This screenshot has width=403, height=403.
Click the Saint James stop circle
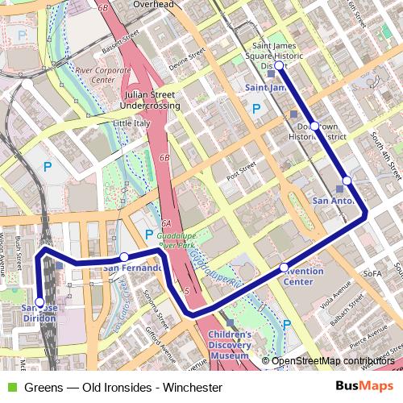pyautogui.click(x=279, y=66)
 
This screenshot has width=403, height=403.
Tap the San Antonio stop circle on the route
pyautogui.click(x=347, y=181)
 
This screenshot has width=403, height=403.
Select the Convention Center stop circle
pyautogui.click(x=284, y=267)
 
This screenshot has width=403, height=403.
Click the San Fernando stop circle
pyautogui.click(x=123, y=257)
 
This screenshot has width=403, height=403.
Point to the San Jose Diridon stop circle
pyautogui.click(x=40, y=302)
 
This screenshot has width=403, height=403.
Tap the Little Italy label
pyautogui.click(x=131, y=123)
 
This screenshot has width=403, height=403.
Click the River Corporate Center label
pyautogui.click(x=102, y=76)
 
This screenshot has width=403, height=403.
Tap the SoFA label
pyautogui.click(x=372, y=274)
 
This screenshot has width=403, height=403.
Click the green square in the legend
pyautogui.click(x=9, y=388)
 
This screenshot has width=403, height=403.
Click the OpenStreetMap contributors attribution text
pyautogui.click(x=333, y=360)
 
